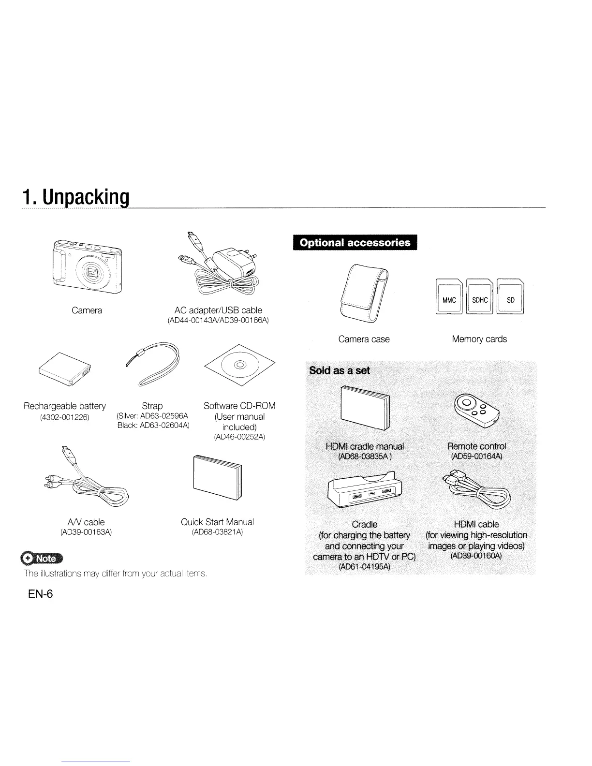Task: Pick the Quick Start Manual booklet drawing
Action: [x=217, y=477]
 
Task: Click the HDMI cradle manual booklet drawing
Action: [x=365, y=409]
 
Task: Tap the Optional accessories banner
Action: [x=355, y=243]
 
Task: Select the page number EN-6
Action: [x=40, y=594]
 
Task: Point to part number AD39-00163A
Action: [x=86, y=532]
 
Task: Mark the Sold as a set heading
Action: [x=340, y=370]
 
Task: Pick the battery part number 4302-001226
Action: [x=65, y=417]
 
